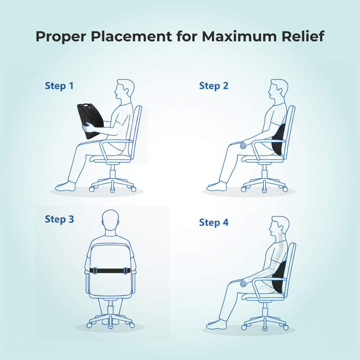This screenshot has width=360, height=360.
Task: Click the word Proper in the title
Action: pyautogui.click(x=60, y=37)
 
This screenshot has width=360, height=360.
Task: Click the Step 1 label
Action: pyautogui.click(x=59, y=86)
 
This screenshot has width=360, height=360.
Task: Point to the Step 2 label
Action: pyautogui.click(x=213, y=86)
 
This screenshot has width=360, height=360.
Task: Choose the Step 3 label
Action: pyautogui.click(x=59, y=219)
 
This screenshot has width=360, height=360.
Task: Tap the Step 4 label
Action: pyautogui.click(x=213, y=223)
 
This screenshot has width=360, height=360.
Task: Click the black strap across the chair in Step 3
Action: pyautogui.click(x=110, y=271)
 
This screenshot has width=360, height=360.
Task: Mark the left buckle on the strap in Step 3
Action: pyautogui.click(x=95, y=271)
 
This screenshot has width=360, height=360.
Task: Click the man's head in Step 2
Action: pyautogui.click(x=278, y=90)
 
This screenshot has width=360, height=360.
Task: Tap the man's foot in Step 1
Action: pyautogui.click(x=66, y=186)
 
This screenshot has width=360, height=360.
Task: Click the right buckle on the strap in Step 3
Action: pyautogui.click(x=126, y=271)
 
